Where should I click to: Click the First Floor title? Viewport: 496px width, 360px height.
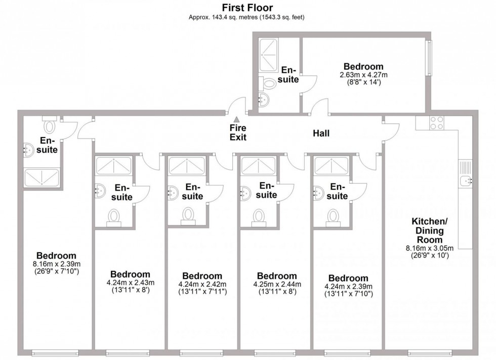(247, 8)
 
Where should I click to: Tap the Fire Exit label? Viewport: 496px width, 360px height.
(237, 132)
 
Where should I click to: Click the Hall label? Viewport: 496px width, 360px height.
(321, 133)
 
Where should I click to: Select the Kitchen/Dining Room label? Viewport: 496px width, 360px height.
(427, 230)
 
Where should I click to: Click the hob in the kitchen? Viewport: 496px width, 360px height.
(437, 123)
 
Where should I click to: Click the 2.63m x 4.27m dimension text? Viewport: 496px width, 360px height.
(363, 75)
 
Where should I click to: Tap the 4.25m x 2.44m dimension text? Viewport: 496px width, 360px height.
(276, 284)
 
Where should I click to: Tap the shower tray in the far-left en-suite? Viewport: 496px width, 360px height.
(42, 178)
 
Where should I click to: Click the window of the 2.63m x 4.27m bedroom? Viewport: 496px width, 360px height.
(429, 58)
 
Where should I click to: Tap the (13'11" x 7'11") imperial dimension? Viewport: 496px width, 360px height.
(202, 292)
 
